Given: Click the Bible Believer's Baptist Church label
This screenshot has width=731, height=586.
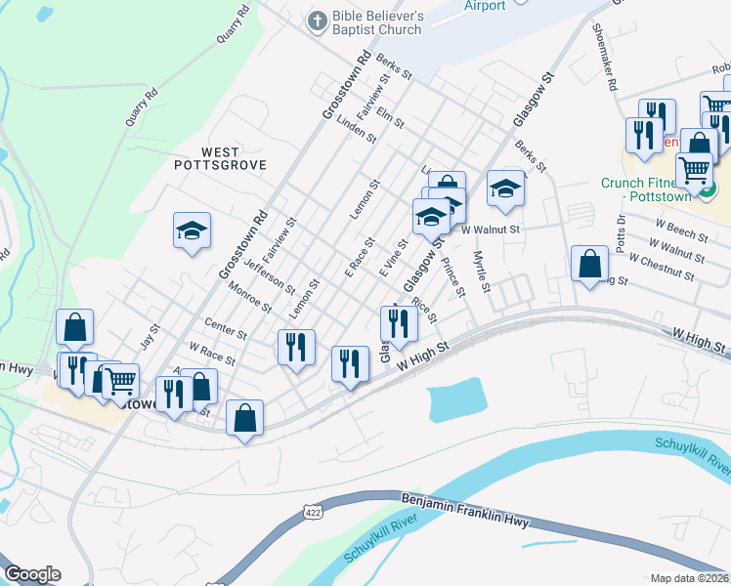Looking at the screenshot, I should pyautogui.click(x=377, y=22).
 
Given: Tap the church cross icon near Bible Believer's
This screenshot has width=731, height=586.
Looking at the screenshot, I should pyautogui.click(x=317, y=20).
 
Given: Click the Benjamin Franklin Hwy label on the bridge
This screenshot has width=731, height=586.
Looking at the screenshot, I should pyautogui.click(x=464, y=509).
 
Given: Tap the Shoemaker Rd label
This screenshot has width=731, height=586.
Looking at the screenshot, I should pyautogui.click(x=606, y=58).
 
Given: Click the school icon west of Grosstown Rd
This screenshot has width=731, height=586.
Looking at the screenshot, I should pyautogui.click(x=192, y=231).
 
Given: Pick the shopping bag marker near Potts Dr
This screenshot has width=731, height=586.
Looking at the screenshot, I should pyautogui.click(x=590, y=264).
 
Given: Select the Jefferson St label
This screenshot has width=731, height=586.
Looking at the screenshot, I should pyautogui.click(x=270, y=274).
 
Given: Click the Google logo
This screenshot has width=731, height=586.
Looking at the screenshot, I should pyautogui.click(x=32, y=574).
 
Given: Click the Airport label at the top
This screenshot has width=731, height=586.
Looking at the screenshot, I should pyautogui.click(x=485, y=6).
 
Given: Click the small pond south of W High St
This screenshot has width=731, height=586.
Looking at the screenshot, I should pyautogui.click(x=456, y=398).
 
